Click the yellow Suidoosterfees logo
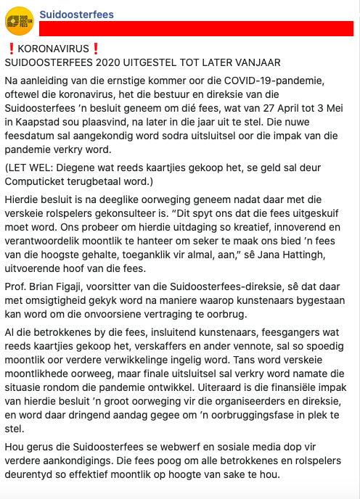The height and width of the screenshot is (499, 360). click(x=20, y=20)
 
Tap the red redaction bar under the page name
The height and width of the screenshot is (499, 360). click(x=196, y=30)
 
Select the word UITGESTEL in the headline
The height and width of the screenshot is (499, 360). click(x=150, y=63)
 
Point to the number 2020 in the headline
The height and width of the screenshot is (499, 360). click(x=99, y=63)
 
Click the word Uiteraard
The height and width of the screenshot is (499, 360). click(x=245, y=385)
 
